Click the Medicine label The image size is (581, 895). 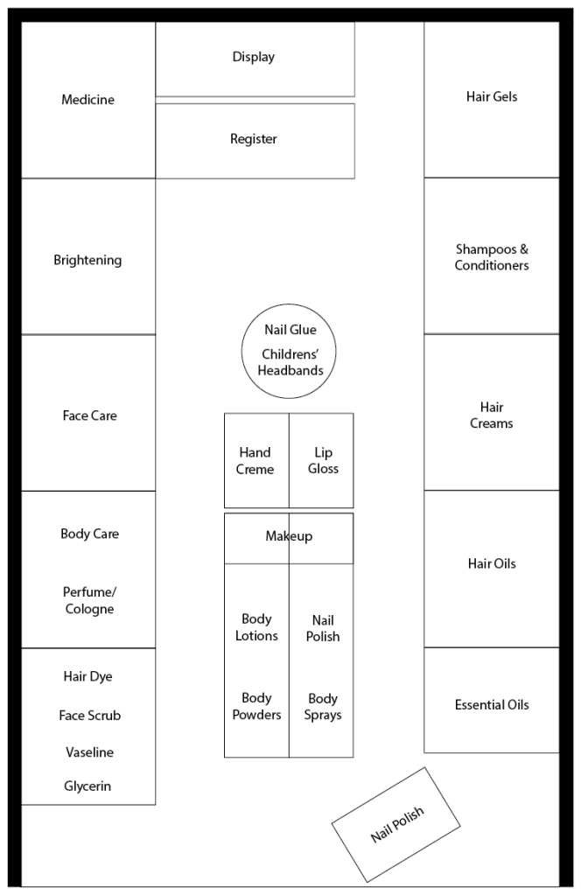87,100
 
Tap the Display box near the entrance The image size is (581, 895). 254,58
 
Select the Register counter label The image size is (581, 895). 254,139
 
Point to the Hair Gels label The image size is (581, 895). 492,97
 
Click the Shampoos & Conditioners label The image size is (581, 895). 492,257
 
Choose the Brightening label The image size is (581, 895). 87,260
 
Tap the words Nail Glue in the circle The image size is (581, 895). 290,330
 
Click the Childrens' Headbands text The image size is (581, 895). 290,362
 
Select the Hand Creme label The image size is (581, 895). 255,461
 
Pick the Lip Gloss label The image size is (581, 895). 323,461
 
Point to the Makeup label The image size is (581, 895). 289,536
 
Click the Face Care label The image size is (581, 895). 89,416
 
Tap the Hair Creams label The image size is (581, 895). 492,416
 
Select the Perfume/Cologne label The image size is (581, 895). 89,600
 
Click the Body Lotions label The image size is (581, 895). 256,627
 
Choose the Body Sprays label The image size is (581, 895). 323,707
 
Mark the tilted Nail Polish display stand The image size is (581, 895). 396,825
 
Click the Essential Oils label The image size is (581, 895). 492,705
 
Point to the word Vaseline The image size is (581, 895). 89,752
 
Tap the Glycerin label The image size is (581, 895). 87,787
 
